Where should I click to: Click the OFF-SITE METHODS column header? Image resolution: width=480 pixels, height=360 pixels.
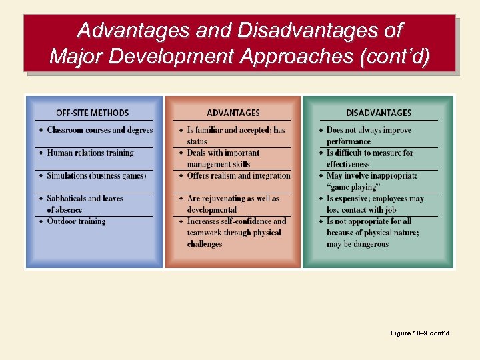pyautogui.click(x=92, y=113)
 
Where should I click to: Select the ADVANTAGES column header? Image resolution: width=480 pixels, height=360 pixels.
pyautogui.click(x=233, y=113)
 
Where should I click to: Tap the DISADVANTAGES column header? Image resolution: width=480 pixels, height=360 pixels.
pyautogui.click(x=378, y=113)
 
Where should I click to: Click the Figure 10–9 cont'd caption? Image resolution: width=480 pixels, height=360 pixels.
pyautogui.click(x=420, y=333)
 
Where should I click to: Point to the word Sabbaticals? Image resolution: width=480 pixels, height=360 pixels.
pyautogui.click(x=67, y=199)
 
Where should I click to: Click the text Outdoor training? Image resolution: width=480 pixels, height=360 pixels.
pyautogui.click(x=76, y=221)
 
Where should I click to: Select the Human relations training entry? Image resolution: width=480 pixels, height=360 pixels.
pyautogui.click(x=90, y=153)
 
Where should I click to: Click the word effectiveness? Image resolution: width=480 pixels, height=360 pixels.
pyautogui.click(x=347, y=164)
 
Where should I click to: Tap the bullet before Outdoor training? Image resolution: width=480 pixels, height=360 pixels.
pyautogui.click(x=41, y=221)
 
